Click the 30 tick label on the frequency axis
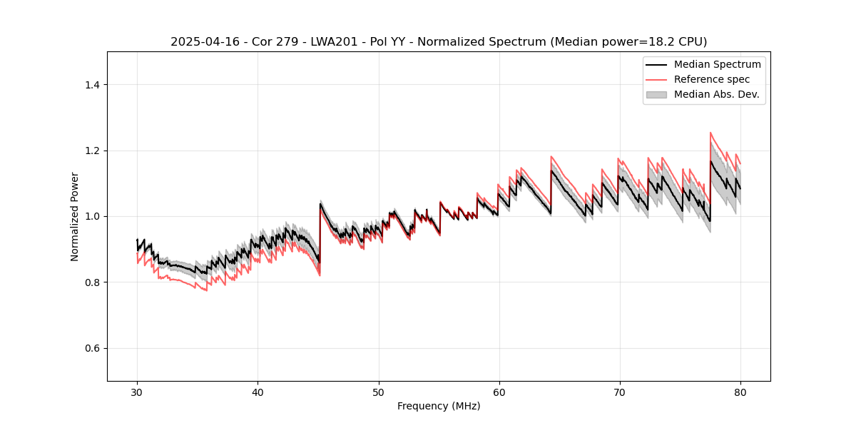click(x=137, y=392)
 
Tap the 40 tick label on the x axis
click(x=258, y=392)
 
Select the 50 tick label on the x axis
click(x=378, y=392)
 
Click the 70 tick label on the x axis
click(x=619, y=392)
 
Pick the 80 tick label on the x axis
click(x=740, y=392)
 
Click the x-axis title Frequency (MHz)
click(x=439, y=406)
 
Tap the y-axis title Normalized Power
click(x=75, y=216)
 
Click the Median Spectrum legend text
click(x=717, y=64)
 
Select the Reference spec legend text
click(x=712, y=79)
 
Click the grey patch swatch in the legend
click(x=656, y=94)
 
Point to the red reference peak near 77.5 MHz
click(x=710, y=133)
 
